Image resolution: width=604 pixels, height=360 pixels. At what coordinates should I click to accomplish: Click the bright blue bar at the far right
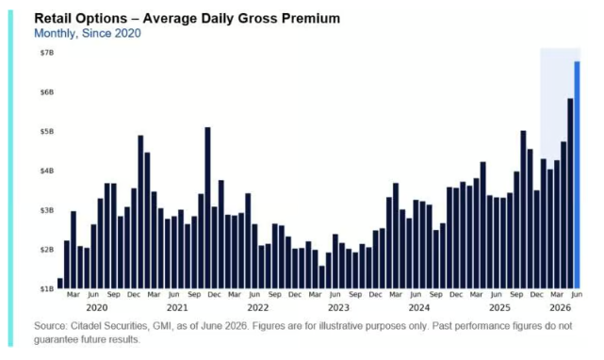[577, 174]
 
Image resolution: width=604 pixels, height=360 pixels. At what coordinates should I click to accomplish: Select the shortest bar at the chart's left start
[60, 284]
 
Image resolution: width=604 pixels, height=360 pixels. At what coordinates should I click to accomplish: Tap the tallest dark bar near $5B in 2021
[207, 207]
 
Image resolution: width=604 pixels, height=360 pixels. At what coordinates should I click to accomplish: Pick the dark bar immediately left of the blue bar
[570, 193]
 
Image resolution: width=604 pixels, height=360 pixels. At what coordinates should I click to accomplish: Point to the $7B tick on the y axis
[47, 53]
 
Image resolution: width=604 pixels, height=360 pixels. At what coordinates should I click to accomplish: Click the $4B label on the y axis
[47, 171]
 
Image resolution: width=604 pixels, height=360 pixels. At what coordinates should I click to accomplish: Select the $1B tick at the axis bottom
[47, 288]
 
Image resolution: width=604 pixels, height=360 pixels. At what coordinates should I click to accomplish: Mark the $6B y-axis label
[47, 92]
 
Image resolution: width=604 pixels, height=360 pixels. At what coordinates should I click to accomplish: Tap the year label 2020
[97, 307]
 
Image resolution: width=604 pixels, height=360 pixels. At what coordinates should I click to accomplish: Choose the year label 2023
[338, 307]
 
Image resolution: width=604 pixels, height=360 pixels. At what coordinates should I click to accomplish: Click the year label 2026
[560, 307]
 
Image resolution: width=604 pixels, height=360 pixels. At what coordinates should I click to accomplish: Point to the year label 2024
[419, 307]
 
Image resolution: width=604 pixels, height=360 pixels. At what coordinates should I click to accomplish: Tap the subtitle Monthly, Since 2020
[88, 34]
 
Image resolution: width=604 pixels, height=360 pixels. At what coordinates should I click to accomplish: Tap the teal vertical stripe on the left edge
[10, 178]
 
